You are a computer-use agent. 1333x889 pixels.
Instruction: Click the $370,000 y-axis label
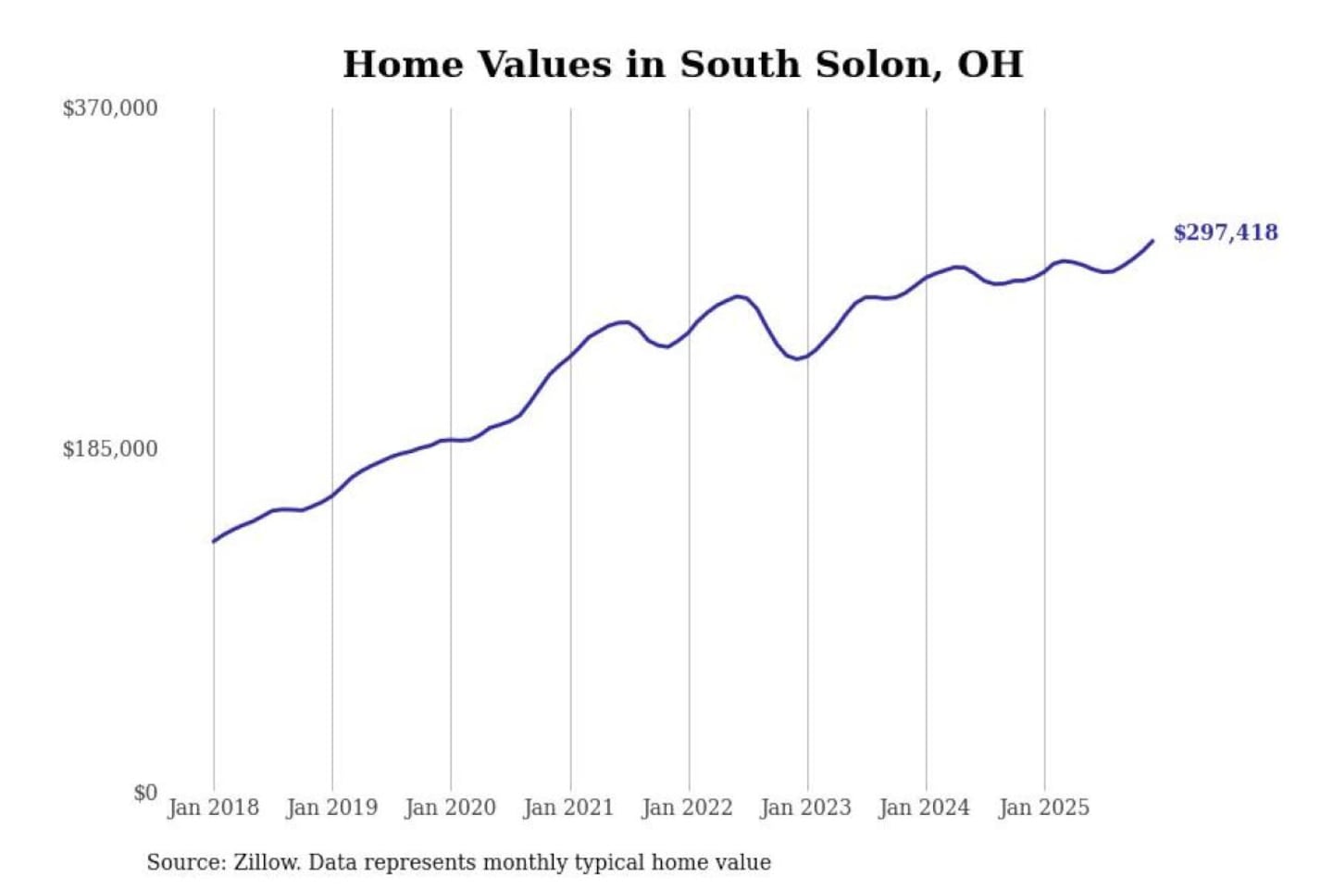point(110,108)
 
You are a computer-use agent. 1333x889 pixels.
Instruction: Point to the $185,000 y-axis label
point(110,449)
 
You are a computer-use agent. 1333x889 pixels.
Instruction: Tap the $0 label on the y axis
point(145,793)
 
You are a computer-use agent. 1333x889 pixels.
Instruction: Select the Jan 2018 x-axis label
point(213,808)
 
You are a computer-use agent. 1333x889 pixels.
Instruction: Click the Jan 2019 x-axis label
point(331,808)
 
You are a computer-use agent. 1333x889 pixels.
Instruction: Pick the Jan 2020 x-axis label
point(450,808)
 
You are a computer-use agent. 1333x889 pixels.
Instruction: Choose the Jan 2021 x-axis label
point(568,808)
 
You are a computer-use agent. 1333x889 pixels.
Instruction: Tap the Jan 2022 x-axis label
point(687,808)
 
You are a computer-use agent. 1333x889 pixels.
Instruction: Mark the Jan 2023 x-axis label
point(805,808)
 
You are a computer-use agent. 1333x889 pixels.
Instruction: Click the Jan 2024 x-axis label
point(924,808)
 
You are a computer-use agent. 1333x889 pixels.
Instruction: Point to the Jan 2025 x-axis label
point(1043,808)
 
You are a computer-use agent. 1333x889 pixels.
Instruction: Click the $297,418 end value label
point(1226,232)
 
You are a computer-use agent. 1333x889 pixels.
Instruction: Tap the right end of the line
point(1152,241)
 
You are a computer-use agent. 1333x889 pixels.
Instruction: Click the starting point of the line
point(214,541)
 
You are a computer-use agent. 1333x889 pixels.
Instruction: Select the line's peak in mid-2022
point(738,296)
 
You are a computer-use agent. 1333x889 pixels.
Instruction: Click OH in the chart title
point(990,64)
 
